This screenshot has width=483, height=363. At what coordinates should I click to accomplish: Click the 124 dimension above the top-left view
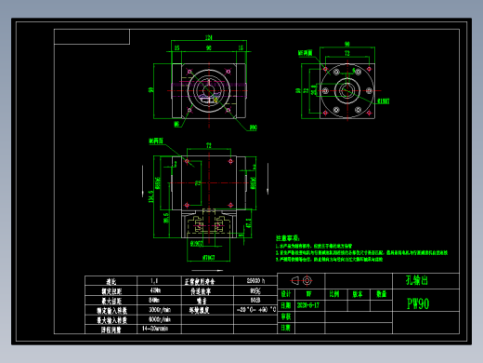pyautogui.click(x=208, y=37)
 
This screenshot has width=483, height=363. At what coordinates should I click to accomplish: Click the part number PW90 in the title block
pyautogui.click(x=418, y=303)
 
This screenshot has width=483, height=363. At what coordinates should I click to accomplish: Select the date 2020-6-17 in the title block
pyautogui.click(x=308, y=304)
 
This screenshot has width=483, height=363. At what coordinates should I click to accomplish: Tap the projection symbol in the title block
pyautogui.click(x=299, y=280)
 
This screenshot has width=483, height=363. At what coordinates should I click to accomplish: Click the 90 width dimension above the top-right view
pyautogui.click(x=346, y=44)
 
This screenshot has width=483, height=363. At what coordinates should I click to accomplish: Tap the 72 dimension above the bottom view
pyautogui.click(x=208, y=145)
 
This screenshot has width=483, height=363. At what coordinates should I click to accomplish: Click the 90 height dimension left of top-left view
pyautogui.click(x=151, y=90)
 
